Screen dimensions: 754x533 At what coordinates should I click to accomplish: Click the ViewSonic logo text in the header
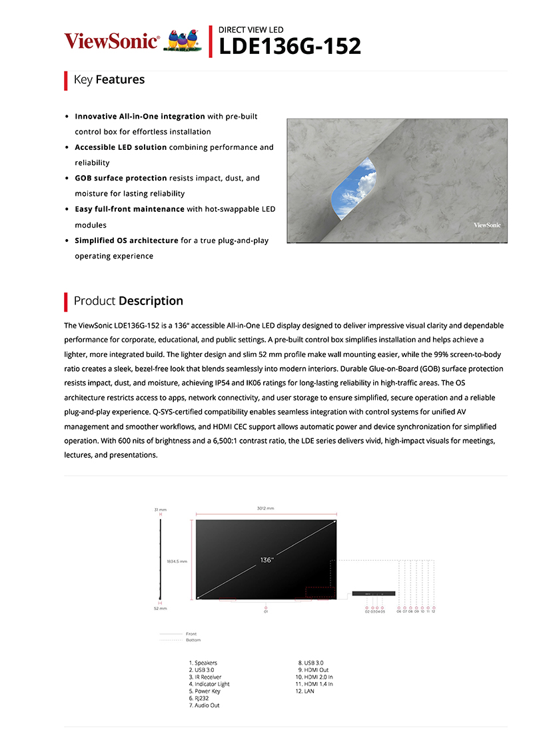[x=111, y=41]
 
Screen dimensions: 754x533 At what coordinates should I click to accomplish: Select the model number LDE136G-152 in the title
[x=290, y=46]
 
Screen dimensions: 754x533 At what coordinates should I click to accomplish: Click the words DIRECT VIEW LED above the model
[x=251, y=30]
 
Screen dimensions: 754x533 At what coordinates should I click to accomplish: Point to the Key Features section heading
[x=109, y=80]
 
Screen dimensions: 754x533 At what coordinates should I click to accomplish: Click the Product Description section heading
[x=128, y=301]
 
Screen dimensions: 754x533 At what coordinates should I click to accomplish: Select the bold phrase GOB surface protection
[x=121, y=179]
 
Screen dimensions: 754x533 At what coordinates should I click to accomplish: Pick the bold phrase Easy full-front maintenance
[x=129, y=209]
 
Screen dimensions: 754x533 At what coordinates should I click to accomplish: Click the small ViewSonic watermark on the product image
[x=487, y=225]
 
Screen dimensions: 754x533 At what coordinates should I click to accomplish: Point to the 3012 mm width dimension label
[x=265, y=508]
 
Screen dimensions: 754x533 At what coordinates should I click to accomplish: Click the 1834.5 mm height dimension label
[x=177, y=561]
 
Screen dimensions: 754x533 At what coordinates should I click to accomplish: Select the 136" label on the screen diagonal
[x=267, y=560]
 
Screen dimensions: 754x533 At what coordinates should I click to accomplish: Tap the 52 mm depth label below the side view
[x=160, y=608]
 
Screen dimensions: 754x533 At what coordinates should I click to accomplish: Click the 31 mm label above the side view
[x=160, y=510]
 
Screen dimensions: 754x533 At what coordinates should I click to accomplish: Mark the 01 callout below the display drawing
[x=266, y=610]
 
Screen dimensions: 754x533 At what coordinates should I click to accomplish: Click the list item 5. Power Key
[x=205, y=691]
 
